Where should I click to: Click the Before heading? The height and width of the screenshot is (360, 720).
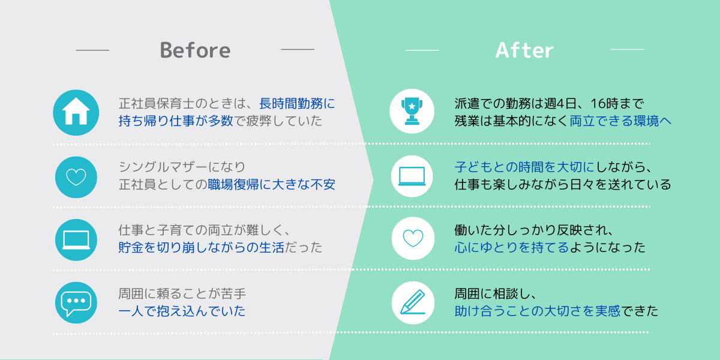click(195, 50)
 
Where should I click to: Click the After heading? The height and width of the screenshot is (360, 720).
click(524, 50)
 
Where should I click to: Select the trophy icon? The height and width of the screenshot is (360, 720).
click(412, 111)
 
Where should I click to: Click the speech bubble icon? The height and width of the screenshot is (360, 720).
click(76, 303)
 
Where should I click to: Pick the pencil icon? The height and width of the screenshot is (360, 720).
click(413, 302)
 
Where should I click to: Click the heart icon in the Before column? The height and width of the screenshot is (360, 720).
click(76, 177)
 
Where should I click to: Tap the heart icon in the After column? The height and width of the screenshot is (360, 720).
click(413, 238)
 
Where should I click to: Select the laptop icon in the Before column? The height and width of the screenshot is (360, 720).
click(76, 240)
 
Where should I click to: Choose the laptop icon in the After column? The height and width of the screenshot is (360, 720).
click(412, 176)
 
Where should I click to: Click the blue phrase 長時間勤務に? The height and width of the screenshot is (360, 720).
click(297, 103)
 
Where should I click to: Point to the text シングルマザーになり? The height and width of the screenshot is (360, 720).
click(182, 167)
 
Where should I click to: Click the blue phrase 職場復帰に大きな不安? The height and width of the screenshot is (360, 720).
click(271, 185)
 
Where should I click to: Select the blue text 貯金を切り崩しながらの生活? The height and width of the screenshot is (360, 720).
click(201, 247)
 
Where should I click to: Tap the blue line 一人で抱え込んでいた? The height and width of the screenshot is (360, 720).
click(182, 311)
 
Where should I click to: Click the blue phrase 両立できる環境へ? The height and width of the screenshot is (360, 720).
click(620, 121)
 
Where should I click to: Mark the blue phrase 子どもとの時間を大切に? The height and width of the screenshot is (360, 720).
click(524, 167)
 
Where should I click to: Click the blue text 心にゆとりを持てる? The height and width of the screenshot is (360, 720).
click(512, 247)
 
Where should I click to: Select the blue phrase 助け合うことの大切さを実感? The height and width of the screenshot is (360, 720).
click(538, 311)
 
